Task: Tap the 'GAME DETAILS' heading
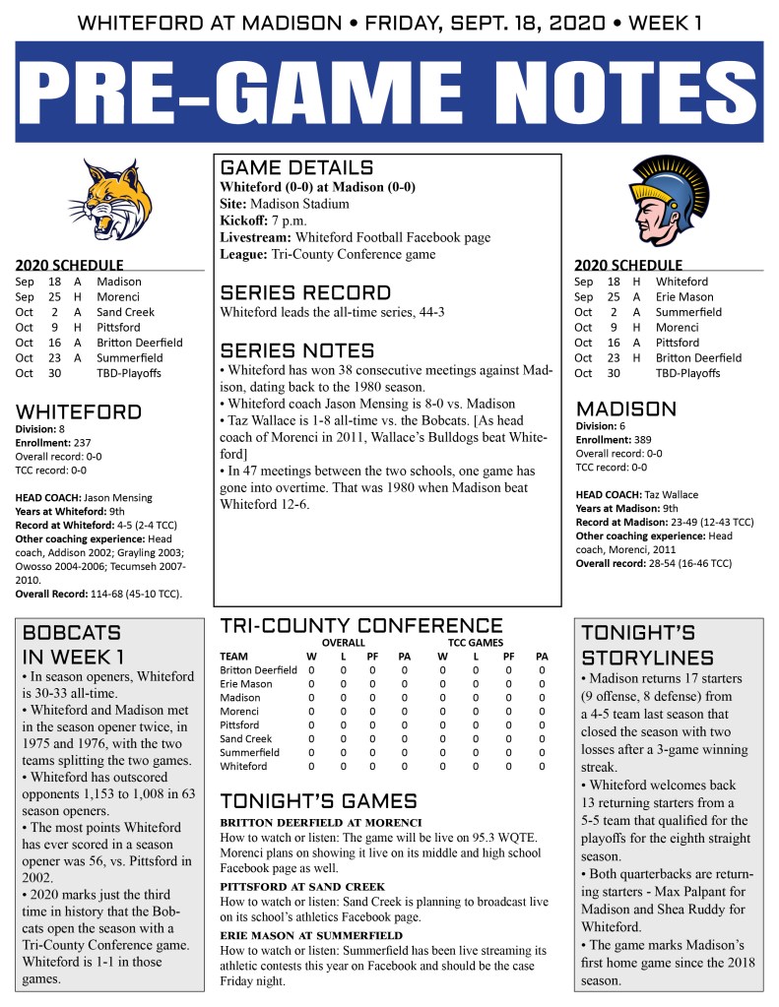[296, 167]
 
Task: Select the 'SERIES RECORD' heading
[305, 292]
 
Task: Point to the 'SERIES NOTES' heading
[297, 350]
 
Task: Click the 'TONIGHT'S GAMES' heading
[318, 800]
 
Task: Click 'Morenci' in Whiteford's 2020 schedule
[118, 296]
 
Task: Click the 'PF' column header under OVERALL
[372, 656]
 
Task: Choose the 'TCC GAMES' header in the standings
[476, 642]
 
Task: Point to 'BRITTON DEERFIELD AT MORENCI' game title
[321, 822]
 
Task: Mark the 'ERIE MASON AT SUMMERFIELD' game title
[311, 935]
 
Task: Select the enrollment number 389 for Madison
[641, 441]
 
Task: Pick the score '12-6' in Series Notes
[293, 504]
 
